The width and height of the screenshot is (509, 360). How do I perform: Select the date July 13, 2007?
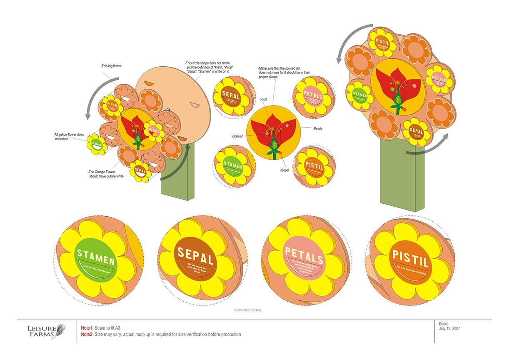coord(449,329)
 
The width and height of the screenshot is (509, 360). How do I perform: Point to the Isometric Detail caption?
coord(247,310)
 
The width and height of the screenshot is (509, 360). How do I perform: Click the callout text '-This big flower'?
coord(111,66)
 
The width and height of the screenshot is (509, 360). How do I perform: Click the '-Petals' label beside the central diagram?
coord(317,129)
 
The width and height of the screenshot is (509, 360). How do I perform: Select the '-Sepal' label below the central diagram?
coord(284,170)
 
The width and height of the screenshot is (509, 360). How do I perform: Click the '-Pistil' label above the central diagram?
coord(263,99)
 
